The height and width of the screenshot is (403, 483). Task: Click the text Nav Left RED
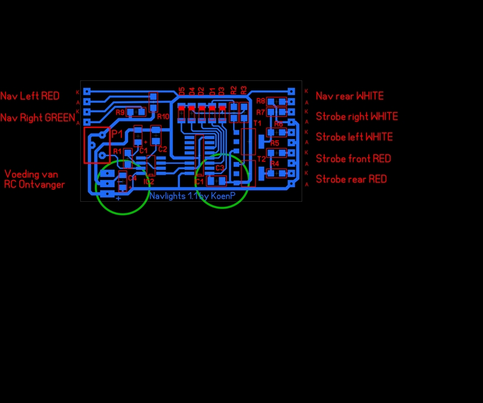(x=30, y=96)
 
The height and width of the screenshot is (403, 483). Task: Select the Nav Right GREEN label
(x=37, y=118)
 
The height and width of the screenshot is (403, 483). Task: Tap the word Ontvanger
(x=43, y=184)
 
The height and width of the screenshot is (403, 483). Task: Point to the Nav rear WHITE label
(x=350, y=96)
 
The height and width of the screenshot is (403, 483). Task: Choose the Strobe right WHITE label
(x=357, y=116)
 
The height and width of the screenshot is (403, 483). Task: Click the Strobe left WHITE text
(x=354, y=137)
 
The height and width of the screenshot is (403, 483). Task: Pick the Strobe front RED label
(x=353, y=158)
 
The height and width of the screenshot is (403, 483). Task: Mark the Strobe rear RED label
(x=351, y=179)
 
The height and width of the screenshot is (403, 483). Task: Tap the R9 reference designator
(x=120, y=112)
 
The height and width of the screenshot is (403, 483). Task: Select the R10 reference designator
(x=163, y=116)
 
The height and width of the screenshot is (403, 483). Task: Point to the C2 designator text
(x=162, y=149)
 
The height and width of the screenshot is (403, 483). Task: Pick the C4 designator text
(x=132, y=178)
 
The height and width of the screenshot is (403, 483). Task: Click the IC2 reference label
(x=149, y=181)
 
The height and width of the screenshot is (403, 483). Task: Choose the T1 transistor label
(x=257, y=123)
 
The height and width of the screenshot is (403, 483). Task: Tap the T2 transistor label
(x=261, y=159)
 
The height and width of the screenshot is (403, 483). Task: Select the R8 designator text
(x=261, y=101)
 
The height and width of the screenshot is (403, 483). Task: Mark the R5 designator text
(x=275, y=143)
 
